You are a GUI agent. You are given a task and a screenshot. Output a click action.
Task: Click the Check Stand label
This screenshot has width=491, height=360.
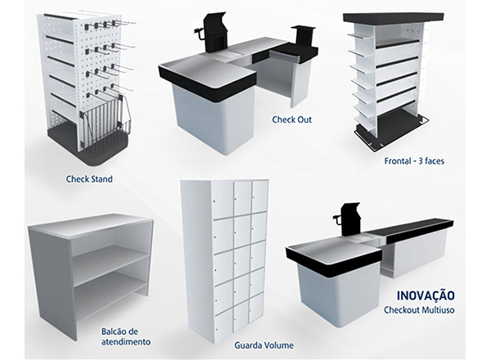tap(89, 179)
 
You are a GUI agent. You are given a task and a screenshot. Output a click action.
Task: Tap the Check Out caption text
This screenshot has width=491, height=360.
tap(292, 119)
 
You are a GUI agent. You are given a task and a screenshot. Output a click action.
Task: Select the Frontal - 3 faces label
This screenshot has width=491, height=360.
tap(414, 161)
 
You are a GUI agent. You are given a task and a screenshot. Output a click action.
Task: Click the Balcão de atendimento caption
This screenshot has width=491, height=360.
tap(125, 336)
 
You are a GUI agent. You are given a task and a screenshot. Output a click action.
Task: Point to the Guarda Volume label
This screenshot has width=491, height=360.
tap(264, 345)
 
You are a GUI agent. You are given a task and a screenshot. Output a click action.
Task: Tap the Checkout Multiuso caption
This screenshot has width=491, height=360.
tap(419, 310)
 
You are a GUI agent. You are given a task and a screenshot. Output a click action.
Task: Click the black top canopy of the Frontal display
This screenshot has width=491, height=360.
tap(394, 18)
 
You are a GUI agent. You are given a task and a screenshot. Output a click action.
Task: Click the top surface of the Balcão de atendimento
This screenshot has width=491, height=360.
tap(91, 225)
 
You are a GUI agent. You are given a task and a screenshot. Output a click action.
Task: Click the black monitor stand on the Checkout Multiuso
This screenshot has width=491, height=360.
tap(350, 219)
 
